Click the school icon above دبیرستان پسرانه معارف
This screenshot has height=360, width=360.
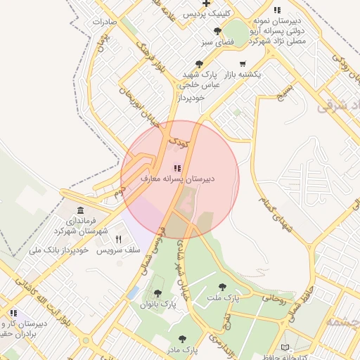click(x=176, y=168)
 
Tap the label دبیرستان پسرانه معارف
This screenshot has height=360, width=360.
click(x=179, y=179)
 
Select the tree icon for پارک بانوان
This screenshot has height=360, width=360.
click(x=158, y=294)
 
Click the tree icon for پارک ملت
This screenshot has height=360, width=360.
click(x=223, y=287)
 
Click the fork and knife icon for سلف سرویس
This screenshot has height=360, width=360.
click(x=118, y=240)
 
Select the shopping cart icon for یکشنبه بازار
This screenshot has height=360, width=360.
click(x=243, y=63)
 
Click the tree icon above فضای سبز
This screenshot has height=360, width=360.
click(x=218, y=31)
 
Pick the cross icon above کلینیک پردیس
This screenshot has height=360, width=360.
click(x=205, y=4)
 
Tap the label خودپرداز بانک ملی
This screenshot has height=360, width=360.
click(x=58, y=250)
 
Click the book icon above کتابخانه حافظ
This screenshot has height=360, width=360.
click(x=285, y=347)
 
